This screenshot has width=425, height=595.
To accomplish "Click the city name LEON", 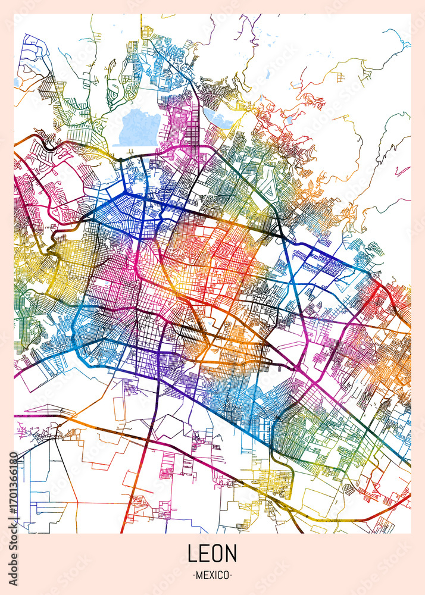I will (x=212, y=553).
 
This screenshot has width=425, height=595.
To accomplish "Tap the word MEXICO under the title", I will (x=212, y=575).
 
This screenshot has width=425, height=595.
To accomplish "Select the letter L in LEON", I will (x=192, y=553).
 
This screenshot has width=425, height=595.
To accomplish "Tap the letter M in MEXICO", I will (x=199, y=575).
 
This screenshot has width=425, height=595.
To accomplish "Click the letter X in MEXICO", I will (x=211, y=575).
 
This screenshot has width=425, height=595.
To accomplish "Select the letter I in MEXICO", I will (x=215, y=575).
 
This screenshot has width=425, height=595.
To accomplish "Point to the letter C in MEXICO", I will (x=220, y=575).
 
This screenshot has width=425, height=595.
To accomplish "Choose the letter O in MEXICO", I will (x=227, y=575).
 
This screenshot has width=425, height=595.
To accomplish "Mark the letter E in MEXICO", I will (x=205, y=575).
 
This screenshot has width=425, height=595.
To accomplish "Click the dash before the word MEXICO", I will (x=193, y=575).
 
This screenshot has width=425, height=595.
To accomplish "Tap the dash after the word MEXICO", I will (x=232, y=575).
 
